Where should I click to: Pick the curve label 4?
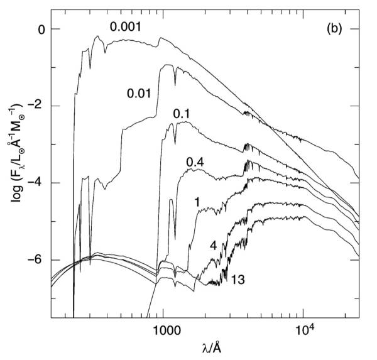(x=213, y=245)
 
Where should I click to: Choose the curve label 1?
(x=197, y=202)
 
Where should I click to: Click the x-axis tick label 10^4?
(x=303, y=330)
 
